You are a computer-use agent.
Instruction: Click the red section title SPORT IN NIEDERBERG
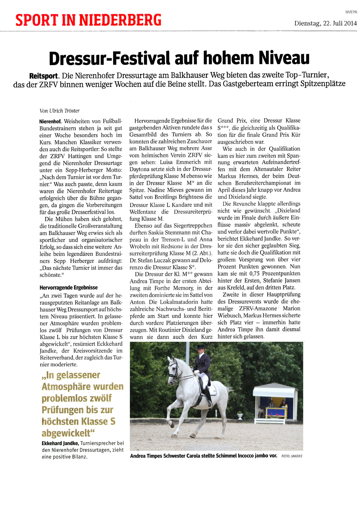click(88, 20)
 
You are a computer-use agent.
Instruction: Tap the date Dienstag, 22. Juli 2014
click(325, 23)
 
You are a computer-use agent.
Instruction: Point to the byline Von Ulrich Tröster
click(60, 111)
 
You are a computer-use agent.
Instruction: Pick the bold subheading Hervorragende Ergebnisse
click(69, 287)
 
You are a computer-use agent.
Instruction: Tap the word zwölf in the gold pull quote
click(97, 398)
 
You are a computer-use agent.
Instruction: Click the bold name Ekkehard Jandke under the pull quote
click(60, 443)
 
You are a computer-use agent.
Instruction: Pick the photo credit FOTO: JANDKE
click(292, 456)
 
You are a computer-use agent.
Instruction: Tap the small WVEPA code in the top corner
click(351, 12)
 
